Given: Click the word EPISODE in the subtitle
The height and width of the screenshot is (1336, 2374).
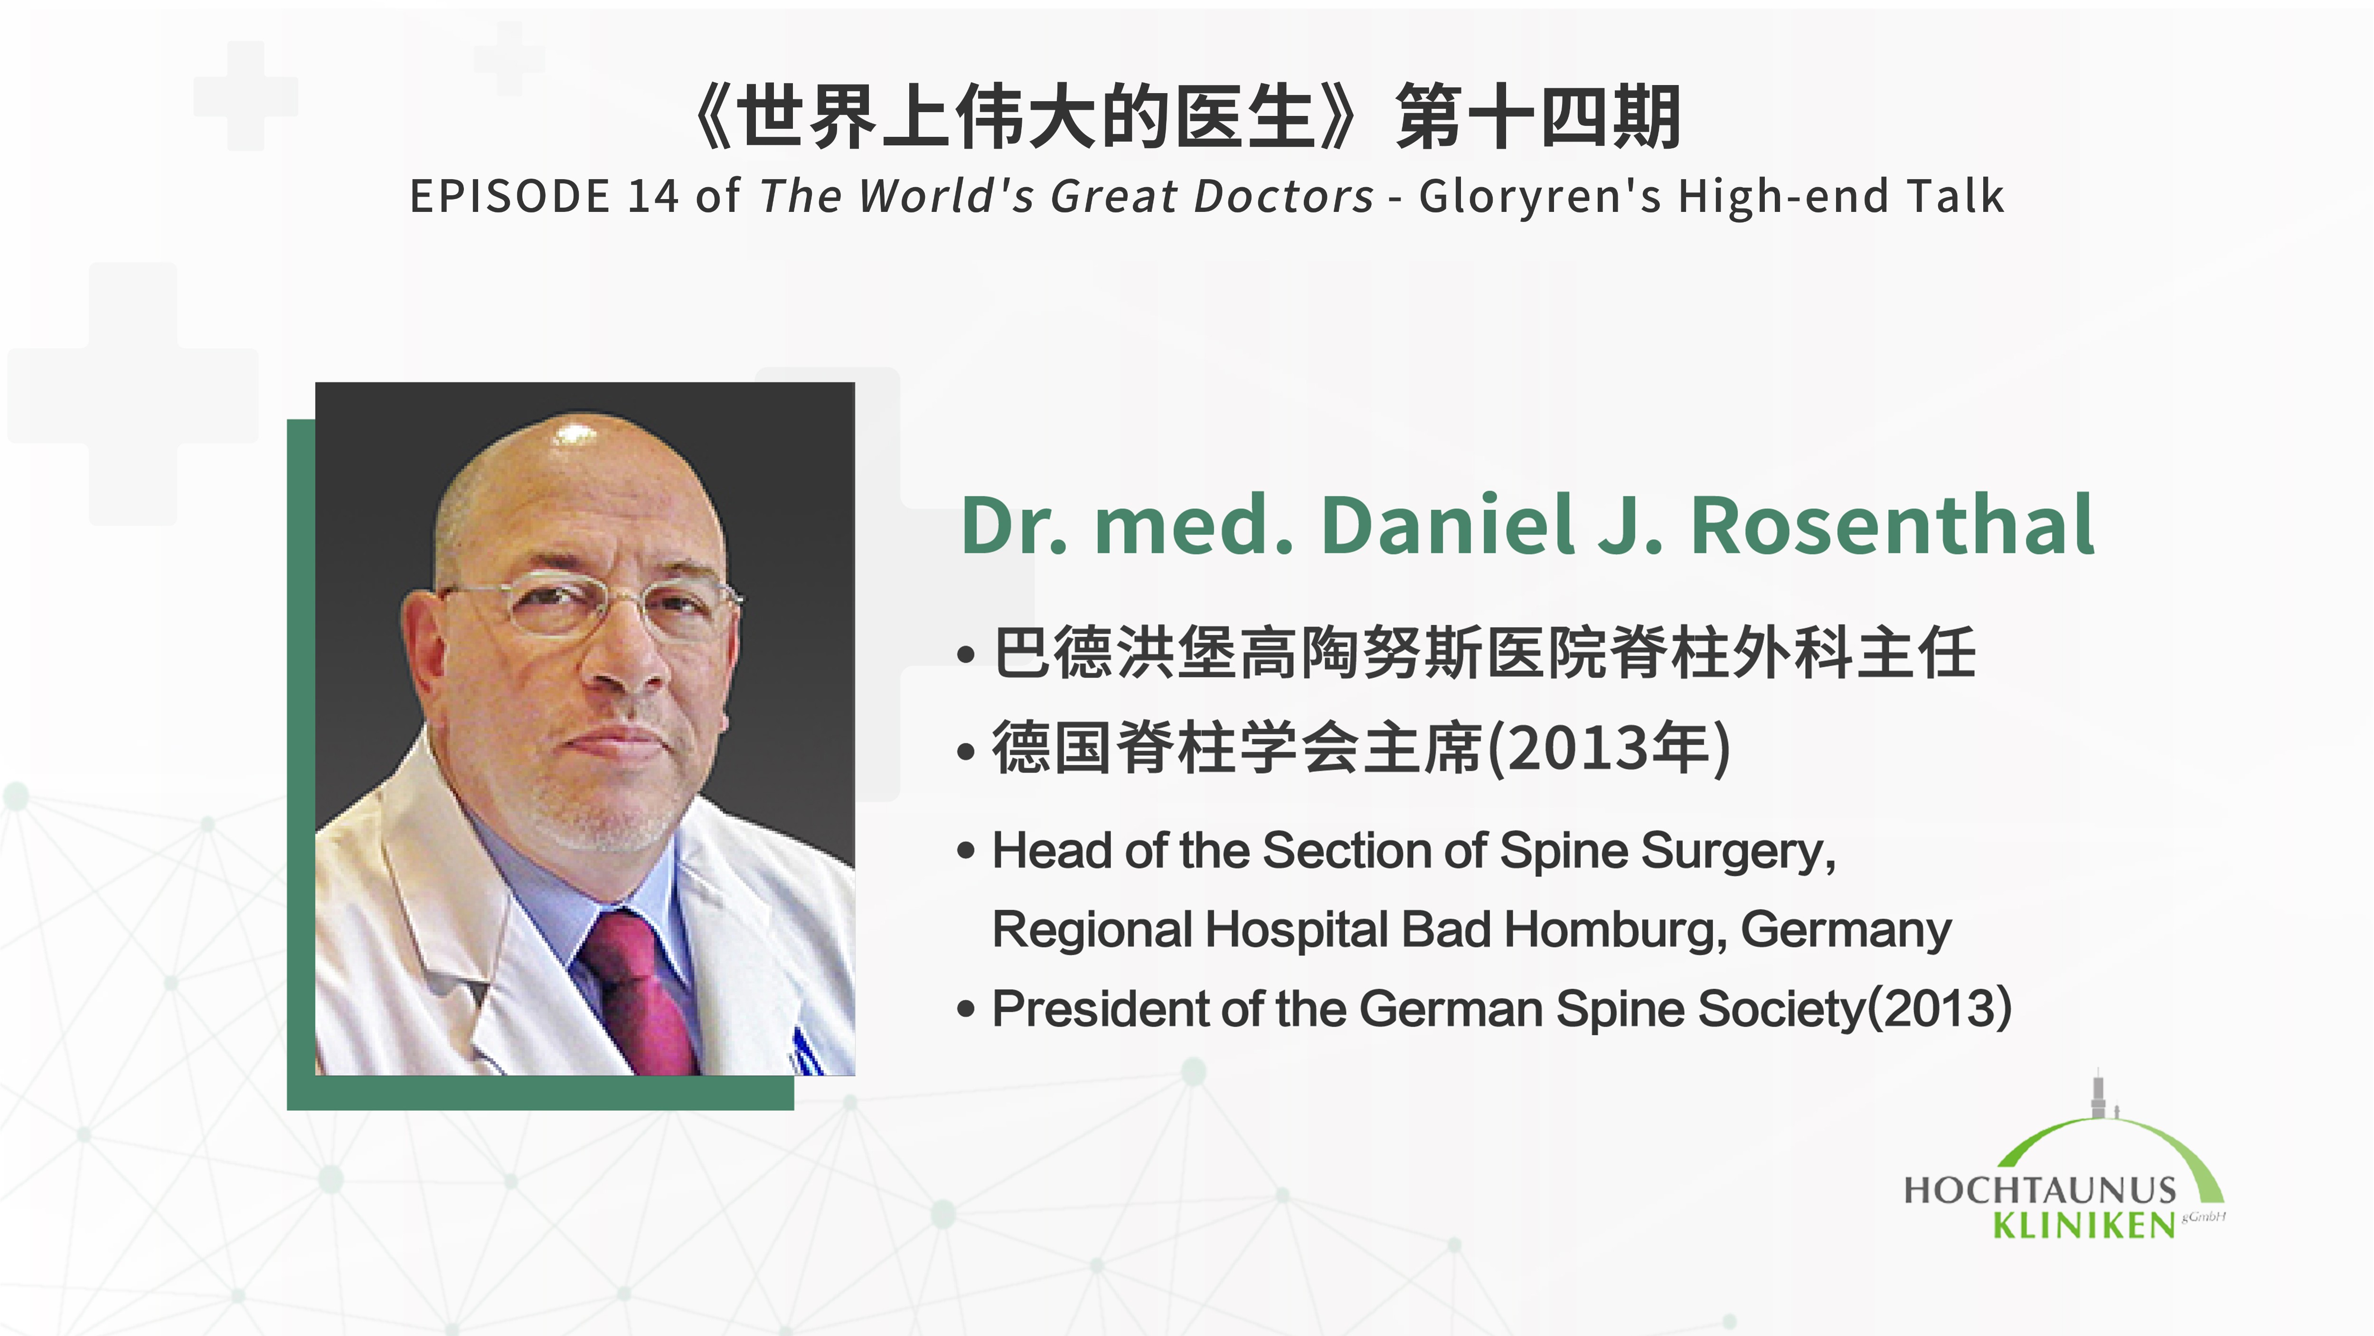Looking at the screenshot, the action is click(x=509, y=196).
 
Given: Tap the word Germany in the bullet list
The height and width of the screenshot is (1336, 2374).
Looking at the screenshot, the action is click(x=1846, y=929).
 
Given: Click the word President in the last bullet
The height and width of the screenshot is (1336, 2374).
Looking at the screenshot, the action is click(x=1100, y=1009).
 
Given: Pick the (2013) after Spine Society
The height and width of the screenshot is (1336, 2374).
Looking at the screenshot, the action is click(x=1940, y=1009).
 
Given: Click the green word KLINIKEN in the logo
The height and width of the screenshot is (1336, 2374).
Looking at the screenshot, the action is click(x=2084, y=1225).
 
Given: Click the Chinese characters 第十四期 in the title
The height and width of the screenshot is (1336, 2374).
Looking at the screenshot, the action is click(x=1539, y=117).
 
